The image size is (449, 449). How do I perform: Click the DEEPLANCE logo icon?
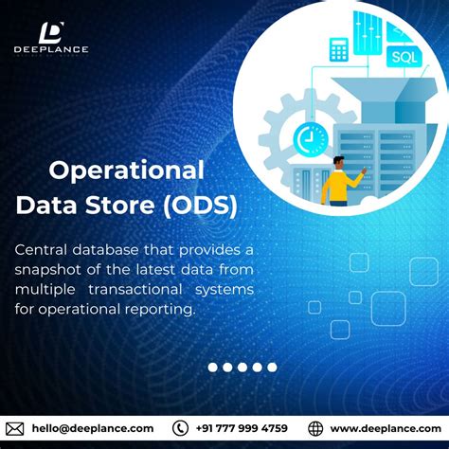[x=52, y=33]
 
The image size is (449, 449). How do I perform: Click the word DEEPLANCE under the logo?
[x=52, y=49]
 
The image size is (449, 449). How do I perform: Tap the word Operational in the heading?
[x=126, y=171]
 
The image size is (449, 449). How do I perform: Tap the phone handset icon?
[x=181, y=428]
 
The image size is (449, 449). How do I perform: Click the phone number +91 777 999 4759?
[x=242, y=428]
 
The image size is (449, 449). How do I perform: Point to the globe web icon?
[x=315, y=428]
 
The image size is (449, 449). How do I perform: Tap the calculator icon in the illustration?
[x=338, y=49]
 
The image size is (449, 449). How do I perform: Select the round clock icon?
[x=309, y=138]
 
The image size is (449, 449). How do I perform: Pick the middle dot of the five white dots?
[x=242, y=367]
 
